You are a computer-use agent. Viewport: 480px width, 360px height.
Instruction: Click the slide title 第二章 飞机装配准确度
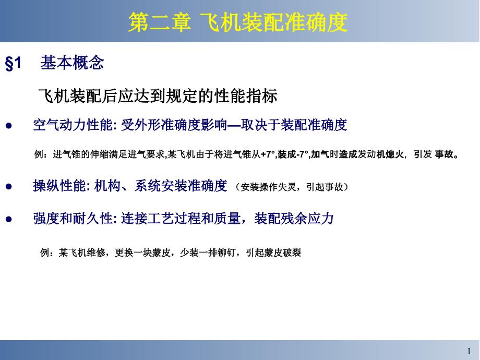point(238,22)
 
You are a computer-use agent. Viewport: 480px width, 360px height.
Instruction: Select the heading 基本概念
point(72,63)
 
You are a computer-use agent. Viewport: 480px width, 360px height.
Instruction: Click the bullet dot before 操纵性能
point(8,186)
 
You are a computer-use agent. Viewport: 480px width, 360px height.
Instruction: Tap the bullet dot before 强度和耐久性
point(8,219)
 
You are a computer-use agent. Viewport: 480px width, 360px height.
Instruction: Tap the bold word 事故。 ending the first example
point(447,155)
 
